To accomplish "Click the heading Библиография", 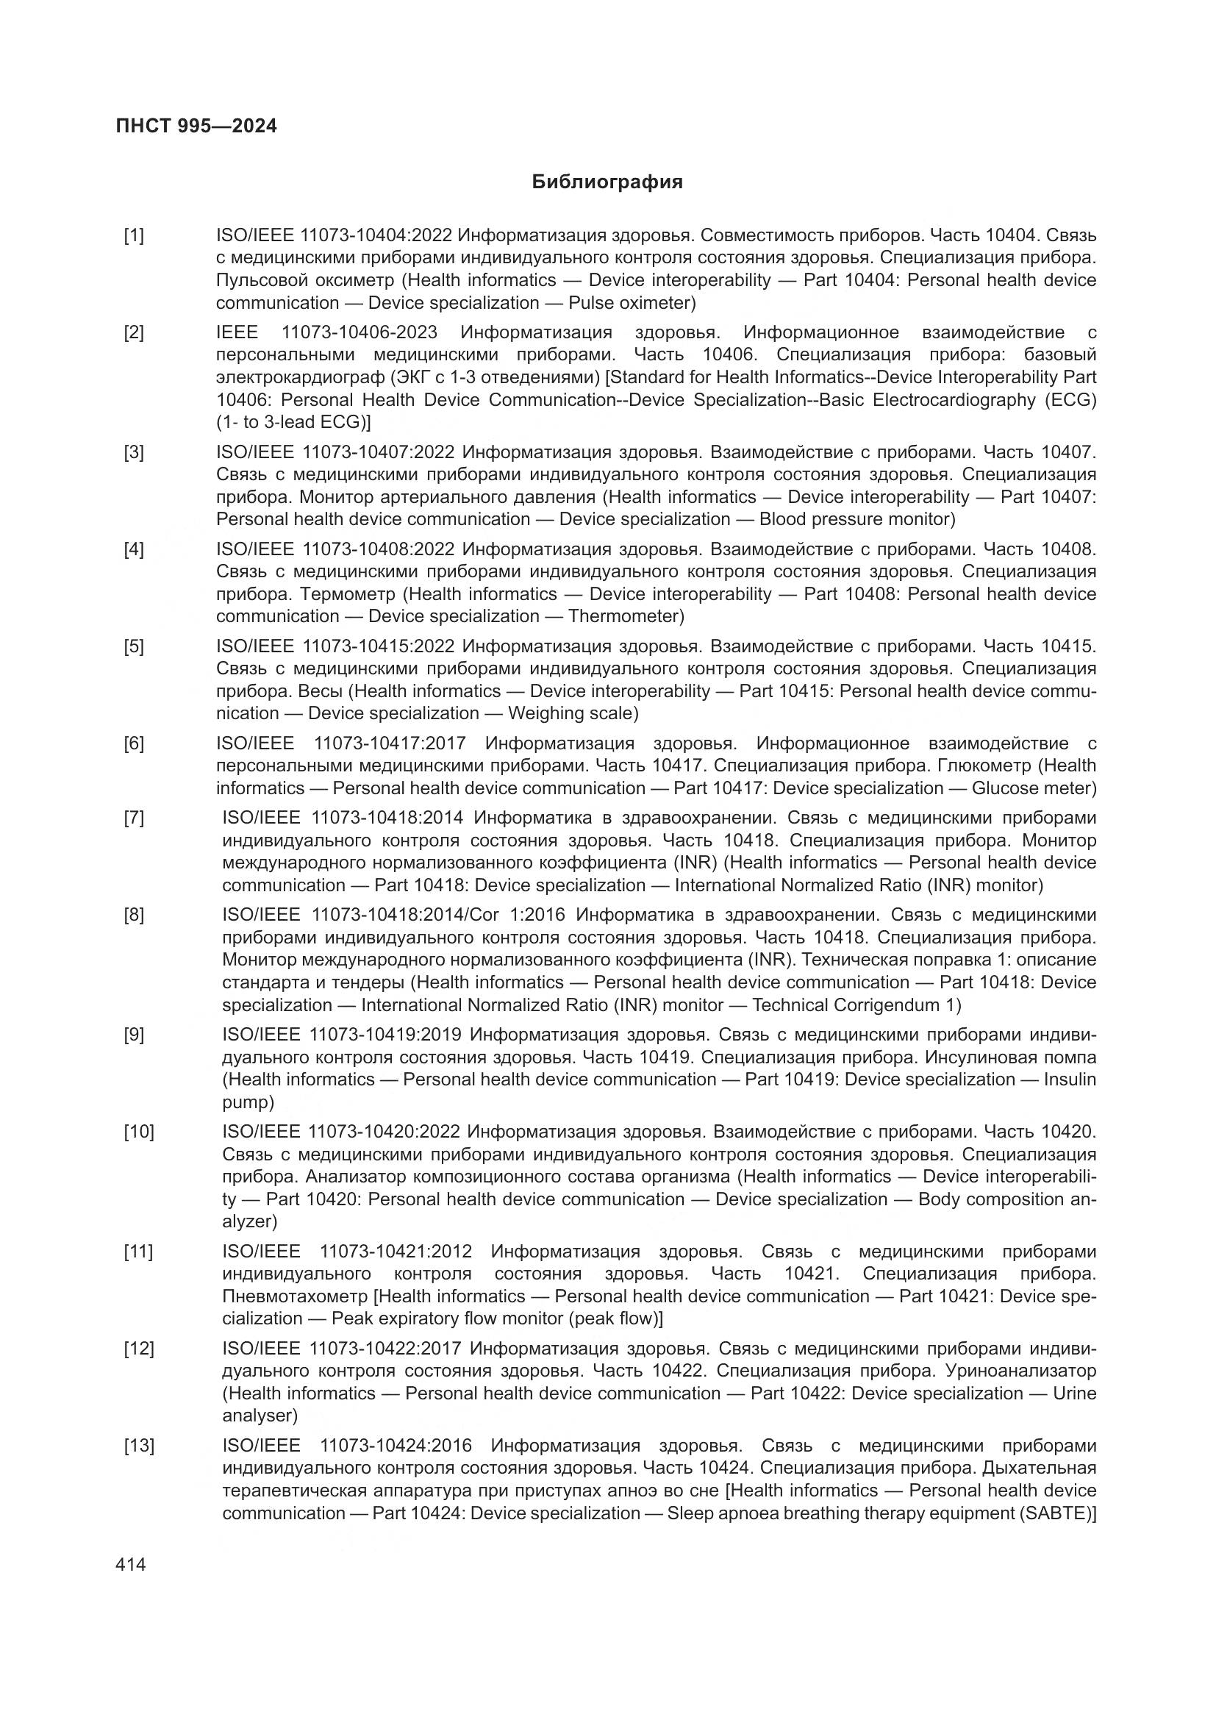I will [x=607, y=182].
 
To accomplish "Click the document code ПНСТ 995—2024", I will [x=196, y=126].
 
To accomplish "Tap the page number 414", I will [x=131, y=1564].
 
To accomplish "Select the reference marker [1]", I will [x=134, y=236].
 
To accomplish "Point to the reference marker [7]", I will [x=134, y=818].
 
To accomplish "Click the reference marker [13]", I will [x=139, y=1446].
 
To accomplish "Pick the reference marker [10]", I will [x=139, y=1132].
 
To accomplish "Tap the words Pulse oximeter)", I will [x=632, y=304].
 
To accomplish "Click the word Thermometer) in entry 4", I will [x=626, y=616].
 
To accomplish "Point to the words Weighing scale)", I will [x=573, y=713].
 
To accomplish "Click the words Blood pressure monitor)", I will [x=856, y=519].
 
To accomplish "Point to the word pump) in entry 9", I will [x=248, y=1102].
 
